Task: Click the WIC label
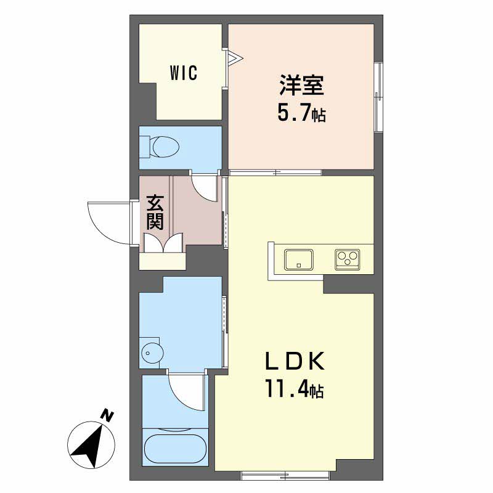click(184, 73)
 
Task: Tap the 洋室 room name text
click(301, 85)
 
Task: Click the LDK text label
click(295, 361)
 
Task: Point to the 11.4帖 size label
click(295, 389)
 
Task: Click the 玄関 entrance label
click(155, 212)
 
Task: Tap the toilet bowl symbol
click(160, 147)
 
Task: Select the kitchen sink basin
click(299, 259)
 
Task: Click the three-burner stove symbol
click(348, 259)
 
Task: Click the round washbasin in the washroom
click(152, 352)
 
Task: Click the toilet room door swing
click(202, 192)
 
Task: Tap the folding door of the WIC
click(234, 58)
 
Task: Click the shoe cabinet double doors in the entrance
click(163, 242)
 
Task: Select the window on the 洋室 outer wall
click(379, 97)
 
